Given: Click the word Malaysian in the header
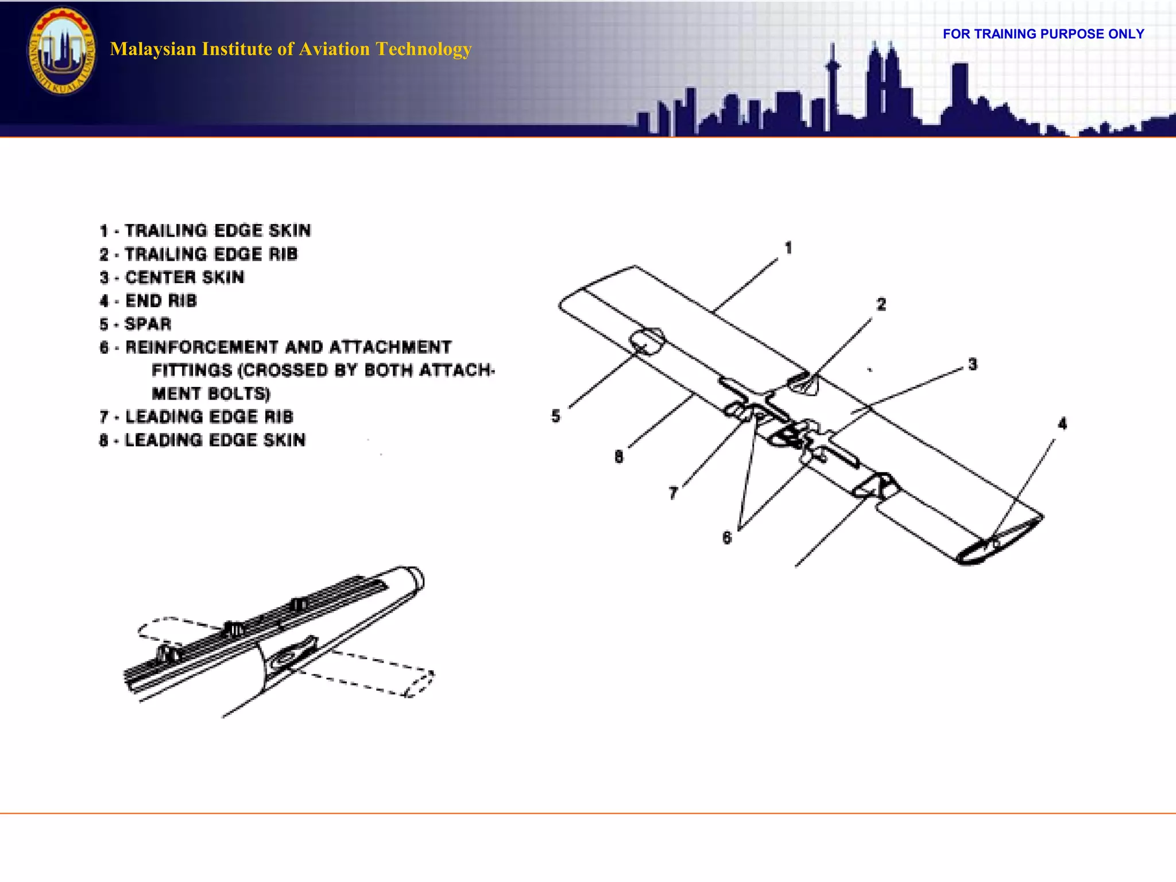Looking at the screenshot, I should pos(153,49).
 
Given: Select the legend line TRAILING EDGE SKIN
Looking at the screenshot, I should pos(205,231).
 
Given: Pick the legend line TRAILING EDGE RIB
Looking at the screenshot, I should pos(199,254).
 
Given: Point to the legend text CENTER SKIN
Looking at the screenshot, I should pos(172,278).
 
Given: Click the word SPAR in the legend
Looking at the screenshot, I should pos(148,324).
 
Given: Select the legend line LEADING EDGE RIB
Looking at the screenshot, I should pos(196,417).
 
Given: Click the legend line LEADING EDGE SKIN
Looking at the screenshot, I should pos(202,440).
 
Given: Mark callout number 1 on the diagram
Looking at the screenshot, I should pos(788,248).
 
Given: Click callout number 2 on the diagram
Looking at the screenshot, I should pos(881,304).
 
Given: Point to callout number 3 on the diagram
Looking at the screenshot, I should pos(973,365).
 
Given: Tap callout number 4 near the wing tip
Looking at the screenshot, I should pos(1062,424).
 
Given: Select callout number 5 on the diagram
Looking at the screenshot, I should pos(556,416).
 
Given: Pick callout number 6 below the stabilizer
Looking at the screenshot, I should pos(727,538).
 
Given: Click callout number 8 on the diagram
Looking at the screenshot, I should pos(619,457).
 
